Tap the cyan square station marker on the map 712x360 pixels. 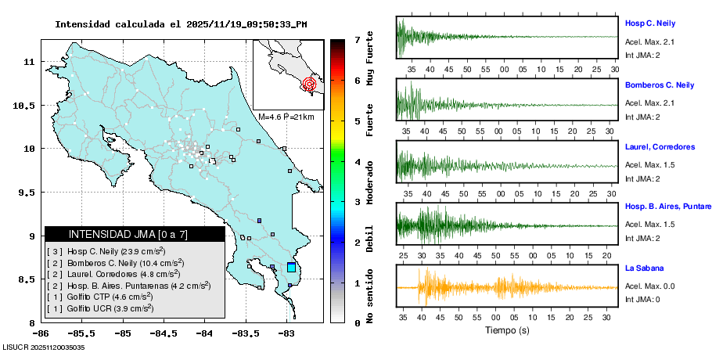coord(292,268)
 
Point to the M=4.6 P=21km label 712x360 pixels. coord(286,117)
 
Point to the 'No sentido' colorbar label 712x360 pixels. coord(369,296)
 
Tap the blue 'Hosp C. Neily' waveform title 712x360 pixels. coord(649,23)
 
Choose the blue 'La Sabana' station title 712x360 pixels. coord(643,268)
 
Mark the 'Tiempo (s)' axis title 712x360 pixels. coord(507,330)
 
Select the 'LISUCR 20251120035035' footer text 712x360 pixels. coord(44,347)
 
